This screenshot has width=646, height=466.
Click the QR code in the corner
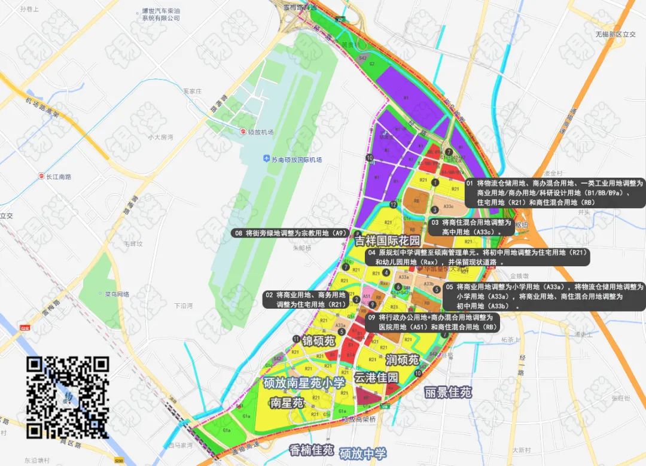click(67, 397)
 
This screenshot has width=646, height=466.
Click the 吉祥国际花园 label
click(387, 240)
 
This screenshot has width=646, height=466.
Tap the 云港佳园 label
click(376, 377)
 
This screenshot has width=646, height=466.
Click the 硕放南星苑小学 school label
click(304, 383)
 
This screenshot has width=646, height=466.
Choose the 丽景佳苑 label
click(448, 393)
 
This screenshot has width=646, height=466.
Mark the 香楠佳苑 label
click(310, 449)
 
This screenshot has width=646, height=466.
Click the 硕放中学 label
click(362, 453)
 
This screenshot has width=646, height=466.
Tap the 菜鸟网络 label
click(117, 294)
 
